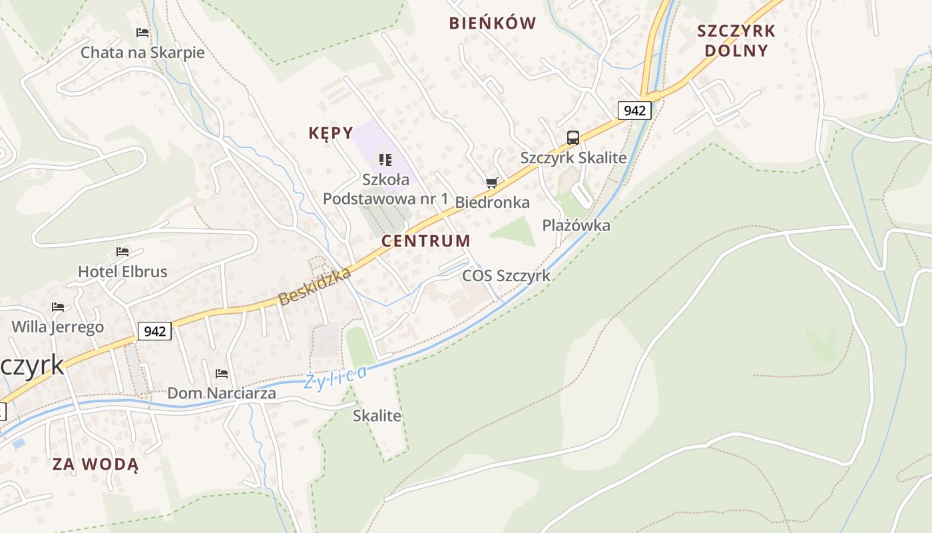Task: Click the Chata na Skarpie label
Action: [x=142, y=52]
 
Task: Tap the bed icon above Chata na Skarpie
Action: [x=142, y=32]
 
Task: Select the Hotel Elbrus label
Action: [x=122, y=271]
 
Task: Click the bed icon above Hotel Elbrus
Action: [x=122, y=252]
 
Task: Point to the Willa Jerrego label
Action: [x=58, y=326]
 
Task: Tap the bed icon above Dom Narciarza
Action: [x=222, y=374]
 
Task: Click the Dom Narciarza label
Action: [x=222, y=393]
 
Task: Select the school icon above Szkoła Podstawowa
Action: [x=385, y=160]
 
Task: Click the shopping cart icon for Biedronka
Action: [x=492, y=183]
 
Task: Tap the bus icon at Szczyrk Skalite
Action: [x=573, y=138]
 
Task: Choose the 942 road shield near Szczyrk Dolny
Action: [x=634, y=110]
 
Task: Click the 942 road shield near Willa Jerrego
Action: [x=155, y=330]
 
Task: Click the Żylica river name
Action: [x=335, y=378]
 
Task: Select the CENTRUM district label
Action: [x=426, y=241]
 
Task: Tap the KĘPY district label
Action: [x=331, y=133]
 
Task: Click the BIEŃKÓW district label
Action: [x=493, y=23]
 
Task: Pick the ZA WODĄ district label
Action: [x=96, y=464]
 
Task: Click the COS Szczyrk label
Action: [x=507, y=275]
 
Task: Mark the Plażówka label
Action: [x=576, y=225]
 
